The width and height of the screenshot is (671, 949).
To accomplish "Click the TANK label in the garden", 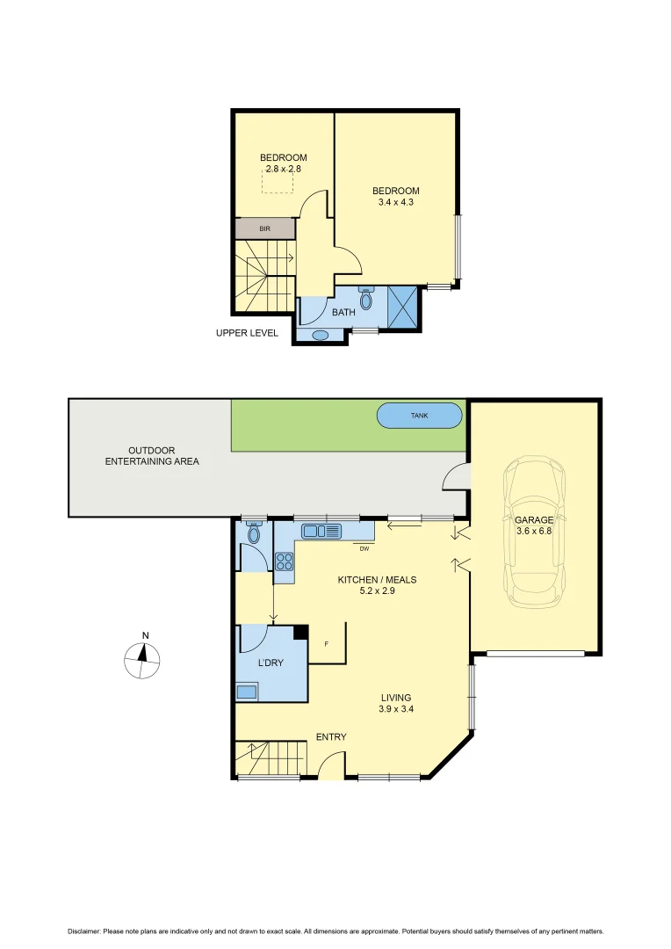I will pos(419,416).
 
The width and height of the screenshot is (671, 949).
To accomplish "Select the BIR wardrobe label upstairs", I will pos(264,228).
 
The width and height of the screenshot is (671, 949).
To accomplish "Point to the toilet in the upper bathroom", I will pos(366,299).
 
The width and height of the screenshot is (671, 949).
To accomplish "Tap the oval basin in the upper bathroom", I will pos(321,335).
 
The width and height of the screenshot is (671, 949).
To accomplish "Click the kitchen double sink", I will pos(314,531).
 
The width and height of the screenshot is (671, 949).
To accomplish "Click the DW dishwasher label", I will pos(364,548).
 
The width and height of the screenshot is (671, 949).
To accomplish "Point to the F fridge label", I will pos(327,645).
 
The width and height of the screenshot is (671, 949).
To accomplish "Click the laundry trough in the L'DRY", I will pos(247,692).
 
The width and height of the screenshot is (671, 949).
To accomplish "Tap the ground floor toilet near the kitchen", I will pos(254,532).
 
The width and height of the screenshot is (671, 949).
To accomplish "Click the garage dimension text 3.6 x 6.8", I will pos(534,531).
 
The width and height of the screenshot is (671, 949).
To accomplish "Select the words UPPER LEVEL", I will pos(247,333).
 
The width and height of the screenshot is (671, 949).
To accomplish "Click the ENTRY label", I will pos(331,736).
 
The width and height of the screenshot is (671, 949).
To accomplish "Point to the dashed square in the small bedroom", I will pos(278,181).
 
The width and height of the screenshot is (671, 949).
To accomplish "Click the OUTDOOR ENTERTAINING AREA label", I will pos(152,455).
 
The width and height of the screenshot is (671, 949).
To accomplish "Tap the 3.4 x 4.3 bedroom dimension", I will pos(395,202).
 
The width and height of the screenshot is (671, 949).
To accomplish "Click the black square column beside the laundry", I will pos(300,631).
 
